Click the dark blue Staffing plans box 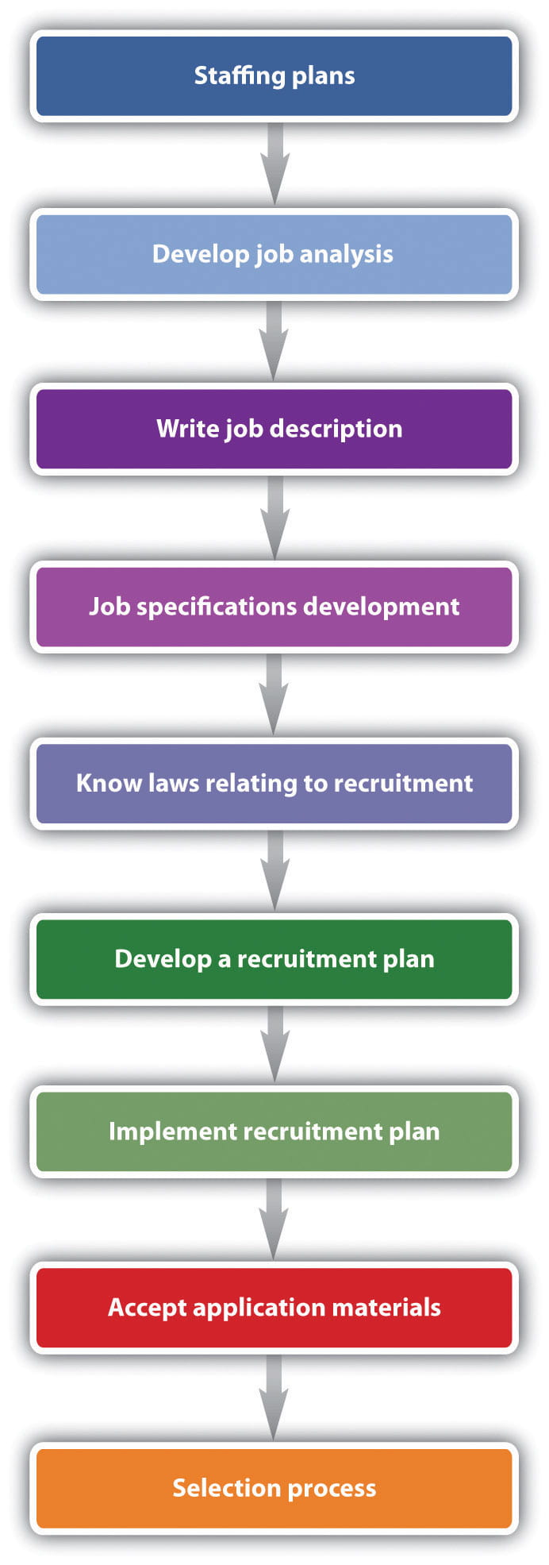274,76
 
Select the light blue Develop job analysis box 274,254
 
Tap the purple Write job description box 274,429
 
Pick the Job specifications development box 274,607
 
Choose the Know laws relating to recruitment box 274,784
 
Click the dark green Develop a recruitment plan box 274,959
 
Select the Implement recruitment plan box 274,1131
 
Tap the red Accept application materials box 274,1308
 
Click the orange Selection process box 274,1488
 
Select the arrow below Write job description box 274,518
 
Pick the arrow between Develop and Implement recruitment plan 274,1045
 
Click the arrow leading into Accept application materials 274,1220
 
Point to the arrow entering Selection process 274,1397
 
